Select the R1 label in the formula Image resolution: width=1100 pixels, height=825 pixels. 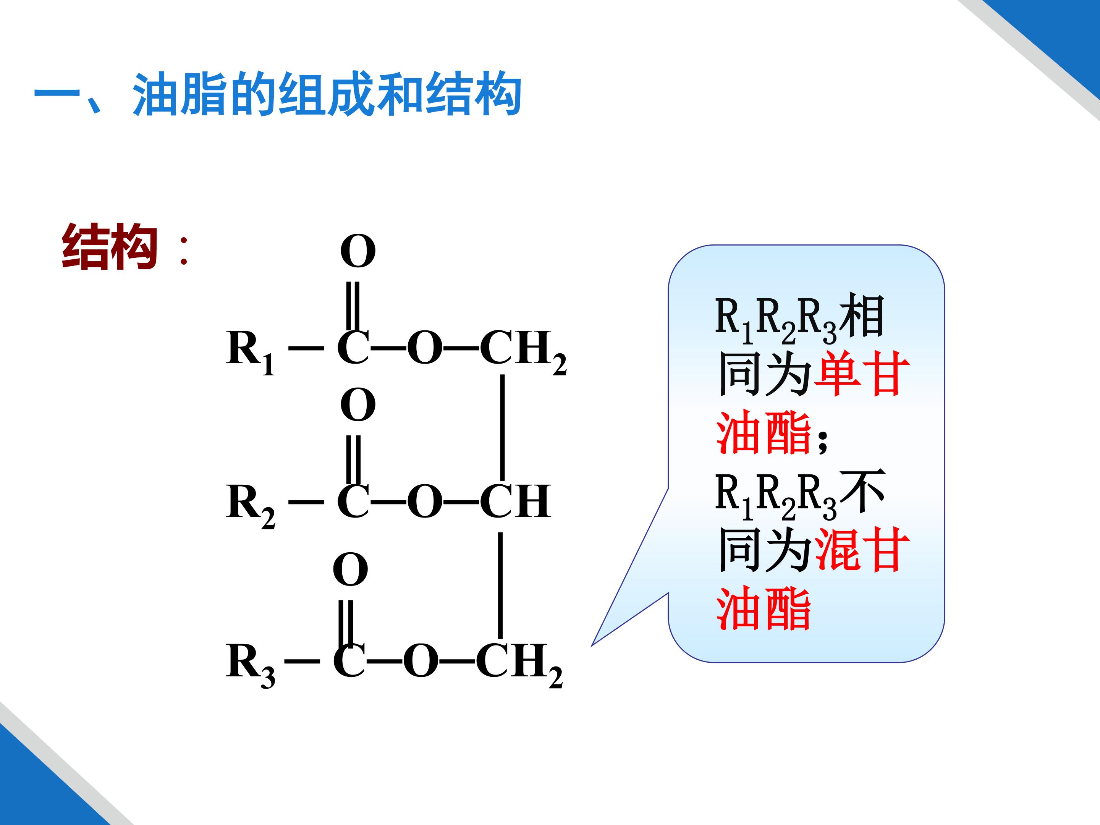pyautogui.click(x=250, y=352)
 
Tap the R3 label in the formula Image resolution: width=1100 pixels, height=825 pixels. pyautogui.click(x=251, y=665)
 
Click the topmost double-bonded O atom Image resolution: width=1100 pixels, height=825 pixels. pyautogui.click(x=358, y=251)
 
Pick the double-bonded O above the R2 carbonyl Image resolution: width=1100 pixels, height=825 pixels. pyautogui.click(x=358, y=405)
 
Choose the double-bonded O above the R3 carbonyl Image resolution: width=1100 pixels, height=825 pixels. pyautogui.click(x=351, y=569)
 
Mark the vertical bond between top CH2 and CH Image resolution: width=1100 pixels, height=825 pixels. pyautogui.click(x=502, y=427)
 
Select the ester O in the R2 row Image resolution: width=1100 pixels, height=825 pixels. pyautogui.click(x=425, y=501)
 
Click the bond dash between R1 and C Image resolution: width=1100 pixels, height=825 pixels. pyautogui.click(x=306, y=348)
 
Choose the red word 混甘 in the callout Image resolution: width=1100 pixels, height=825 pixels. pyautogui.click(x=862, y=550)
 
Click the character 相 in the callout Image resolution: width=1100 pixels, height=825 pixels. pyautogui.click(x=861, y=315)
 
